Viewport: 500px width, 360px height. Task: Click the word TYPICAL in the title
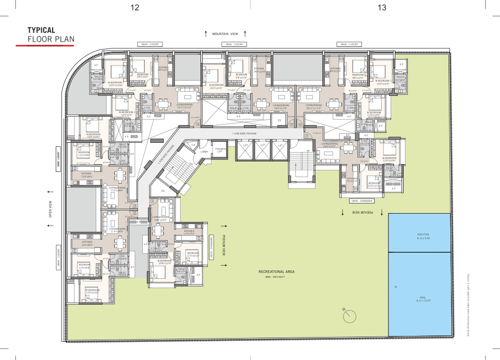(x=41, y=31)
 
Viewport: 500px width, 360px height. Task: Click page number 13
(x=382, y=7)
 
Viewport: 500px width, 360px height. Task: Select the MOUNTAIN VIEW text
(x=226, y=34)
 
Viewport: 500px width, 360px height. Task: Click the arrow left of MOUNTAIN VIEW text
(x=207, y=33)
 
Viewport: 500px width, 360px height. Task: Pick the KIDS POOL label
(x=422, y=234)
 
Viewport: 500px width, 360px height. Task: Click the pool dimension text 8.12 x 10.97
(x=422, y=301)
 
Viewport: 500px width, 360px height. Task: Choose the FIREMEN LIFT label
(x=220, y=150)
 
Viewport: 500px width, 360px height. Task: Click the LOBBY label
(x=204, y=152)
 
